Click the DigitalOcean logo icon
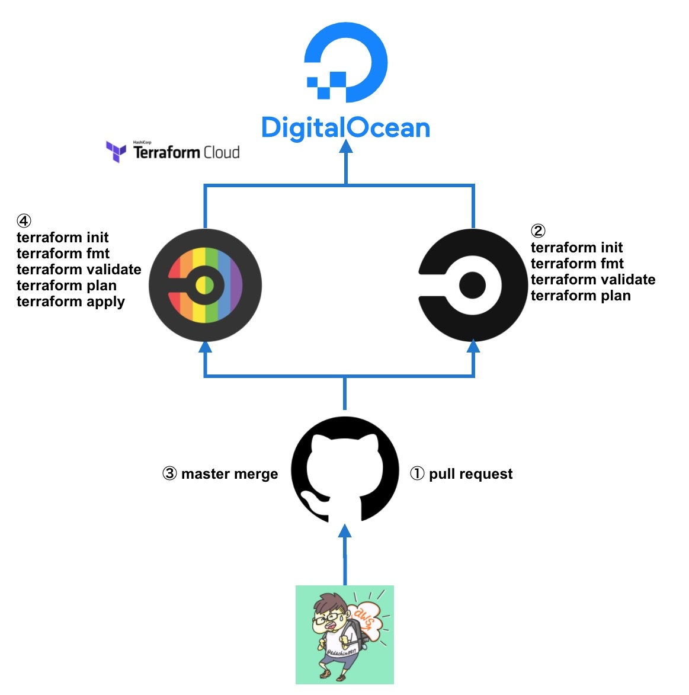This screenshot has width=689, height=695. (347, 62)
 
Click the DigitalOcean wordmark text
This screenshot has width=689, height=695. (345, 128)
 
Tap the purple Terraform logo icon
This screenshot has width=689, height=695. (116, 151)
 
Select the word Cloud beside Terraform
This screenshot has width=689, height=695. (222, 153)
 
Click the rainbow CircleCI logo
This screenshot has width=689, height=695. (205, 285)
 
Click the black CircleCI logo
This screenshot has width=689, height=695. (473, 285)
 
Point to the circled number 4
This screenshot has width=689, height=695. (24, 221)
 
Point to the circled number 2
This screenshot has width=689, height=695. (538, 231)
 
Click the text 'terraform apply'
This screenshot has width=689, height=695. (70, 302)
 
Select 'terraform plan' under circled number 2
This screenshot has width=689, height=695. (581, 296)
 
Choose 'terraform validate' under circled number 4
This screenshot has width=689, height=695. (79, 270)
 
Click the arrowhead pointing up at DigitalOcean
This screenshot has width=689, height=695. (346, 146)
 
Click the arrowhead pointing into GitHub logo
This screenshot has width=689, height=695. (345, 531)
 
